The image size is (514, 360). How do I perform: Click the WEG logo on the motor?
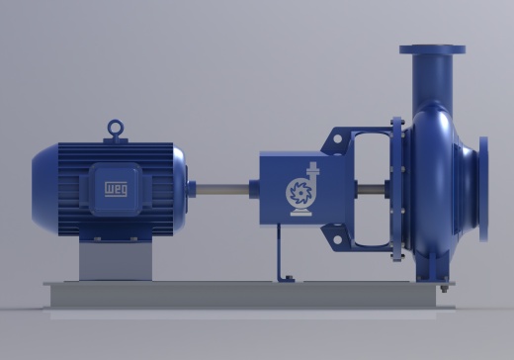tap(116, 189)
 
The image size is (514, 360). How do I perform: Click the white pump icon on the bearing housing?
tap(300, 189)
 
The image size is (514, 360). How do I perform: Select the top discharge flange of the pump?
tap(432, 49)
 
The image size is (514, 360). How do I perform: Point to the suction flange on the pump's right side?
tap(483, 189)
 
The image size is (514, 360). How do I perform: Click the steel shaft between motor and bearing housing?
tap(222, 190)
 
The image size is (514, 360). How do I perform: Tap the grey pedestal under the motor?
tap(116, 260)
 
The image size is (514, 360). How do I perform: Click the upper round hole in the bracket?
tap(337, 139)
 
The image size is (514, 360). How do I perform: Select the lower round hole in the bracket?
tap(337, 239)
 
